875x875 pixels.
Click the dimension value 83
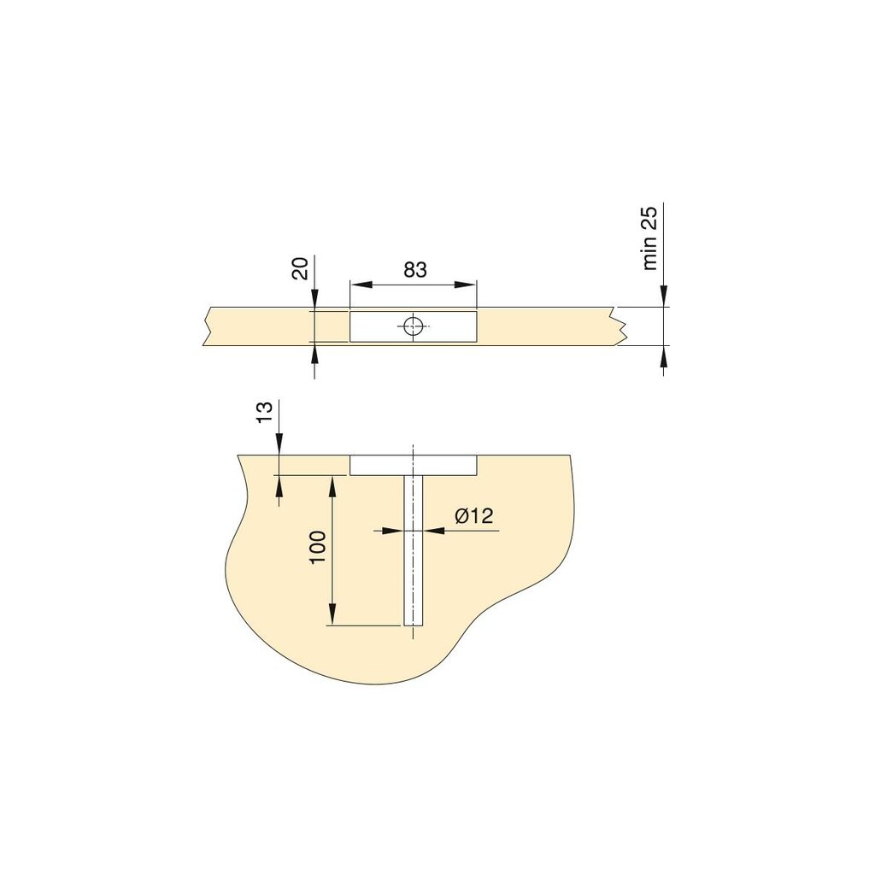coord(414,270)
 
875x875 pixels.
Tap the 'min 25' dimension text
coord(651,239)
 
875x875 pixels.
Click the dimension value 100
coord(318,547)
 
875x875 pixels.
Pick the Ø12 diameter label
coord(474,515)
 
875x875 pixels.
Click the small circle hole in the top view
coord(414,326)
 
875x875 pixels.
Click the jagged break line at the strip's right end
coord(619,326)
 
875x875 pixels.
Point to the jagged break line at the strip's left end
coord(207,326)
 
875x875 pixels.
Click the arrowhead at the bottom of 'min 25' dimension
coord(663,354)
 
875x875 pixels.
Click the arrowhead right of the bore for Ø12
coord(432,531)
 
